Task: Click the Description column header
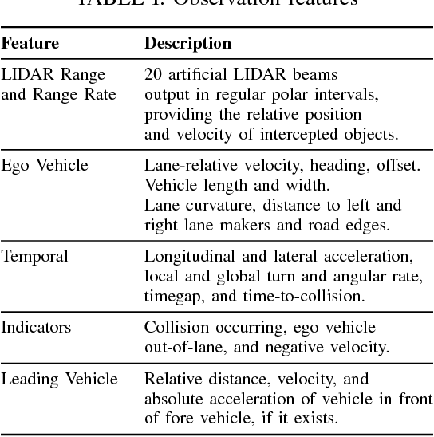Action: tap(187, 43)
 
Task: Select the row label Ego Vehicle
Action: tap(45, 166)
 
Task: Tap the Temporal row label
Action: tap(35, 257)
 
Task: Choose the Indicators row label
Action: tap(37, 327)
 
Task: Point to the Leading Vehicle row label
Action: tap(59, 378)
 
